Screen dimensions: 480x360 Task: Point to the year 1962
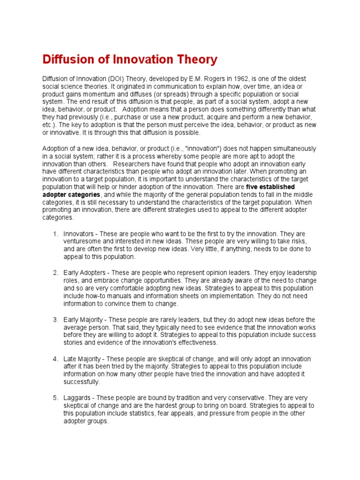[x=236, y=79]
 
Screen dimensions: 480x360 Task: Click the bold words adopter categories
[x=71, y=194]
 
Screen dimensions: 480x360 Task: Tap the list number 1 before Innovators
[x=55, y=233]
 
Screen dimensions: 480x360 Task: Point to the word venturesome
[x=82, y=241]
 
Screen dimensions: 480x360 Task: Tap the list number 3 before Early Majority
[x=55, y=320]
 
